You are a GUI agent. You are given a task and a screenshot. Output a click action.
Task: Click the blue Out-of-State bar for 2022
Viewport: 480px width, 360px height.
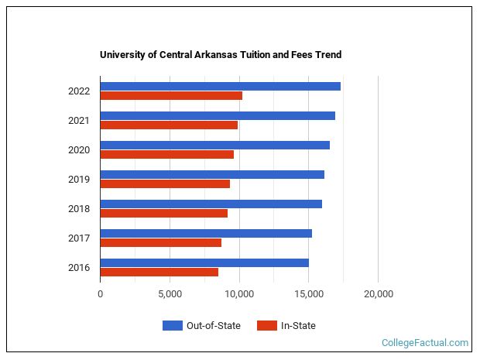(220, 86)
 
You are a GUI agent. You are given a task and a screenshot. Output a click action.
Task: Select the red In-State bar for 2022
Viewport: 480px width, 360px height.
(171, 96)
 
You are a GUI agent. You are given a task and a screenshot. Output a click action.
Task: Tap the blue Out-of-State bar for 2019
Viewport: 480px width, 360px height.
(212, 174)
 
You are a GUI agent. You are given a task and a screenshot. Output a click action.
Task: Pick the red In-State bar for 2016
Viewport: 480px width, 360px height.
(159, 273)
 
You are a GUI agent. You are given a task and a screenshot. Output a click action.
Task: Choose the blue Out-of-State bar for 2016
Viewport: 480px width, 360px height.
(204, 262)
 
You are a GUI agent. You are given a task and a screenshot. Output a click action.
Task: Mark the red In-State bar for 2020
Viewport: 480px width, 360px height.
(166, 155)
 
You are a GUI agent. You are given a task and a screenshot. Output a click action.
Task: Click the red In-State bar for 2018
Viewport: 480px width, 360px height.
(163, 214)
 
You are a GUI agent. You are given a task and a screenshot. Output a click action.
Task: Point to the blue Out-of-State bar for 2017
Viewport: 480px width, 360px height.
(206, 233)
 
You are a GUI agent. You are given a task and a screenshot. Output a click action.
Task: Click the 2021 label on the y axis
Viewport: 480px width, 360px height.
(79, 121)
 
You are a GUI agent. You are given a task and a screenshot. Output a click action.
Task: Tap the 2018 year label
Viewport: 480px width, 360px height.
(79, 209)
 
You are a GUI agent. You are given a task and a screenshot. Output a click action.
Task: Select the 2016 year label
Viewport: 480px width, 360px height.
(79, 268)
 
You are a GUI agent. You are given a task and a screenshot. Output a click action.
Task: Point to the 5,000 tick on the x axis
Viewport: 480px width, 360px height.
(170, 294)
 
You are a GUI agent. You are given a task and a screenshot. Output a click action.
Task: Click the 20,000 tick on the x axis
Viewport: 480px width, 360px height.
(378, 294)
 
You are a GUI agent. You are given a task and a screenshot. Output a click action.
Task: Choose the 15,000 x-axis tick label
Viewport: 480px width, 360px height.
(309, 294)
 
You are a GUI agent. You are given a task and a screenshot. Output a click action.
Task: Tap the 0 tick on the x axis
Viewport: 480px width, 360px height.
(100, 294)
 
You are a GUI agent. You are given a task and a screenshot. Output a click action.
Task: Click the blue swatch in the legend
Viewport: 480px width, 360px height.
(172, 326)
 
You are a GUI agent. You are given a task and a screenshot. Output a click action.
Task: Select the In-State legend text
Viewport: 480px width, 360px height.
(297, 326)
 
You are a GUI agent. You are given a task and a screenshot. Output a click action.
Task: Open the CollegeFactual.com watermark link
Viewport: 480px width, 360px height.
(424, 342)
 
